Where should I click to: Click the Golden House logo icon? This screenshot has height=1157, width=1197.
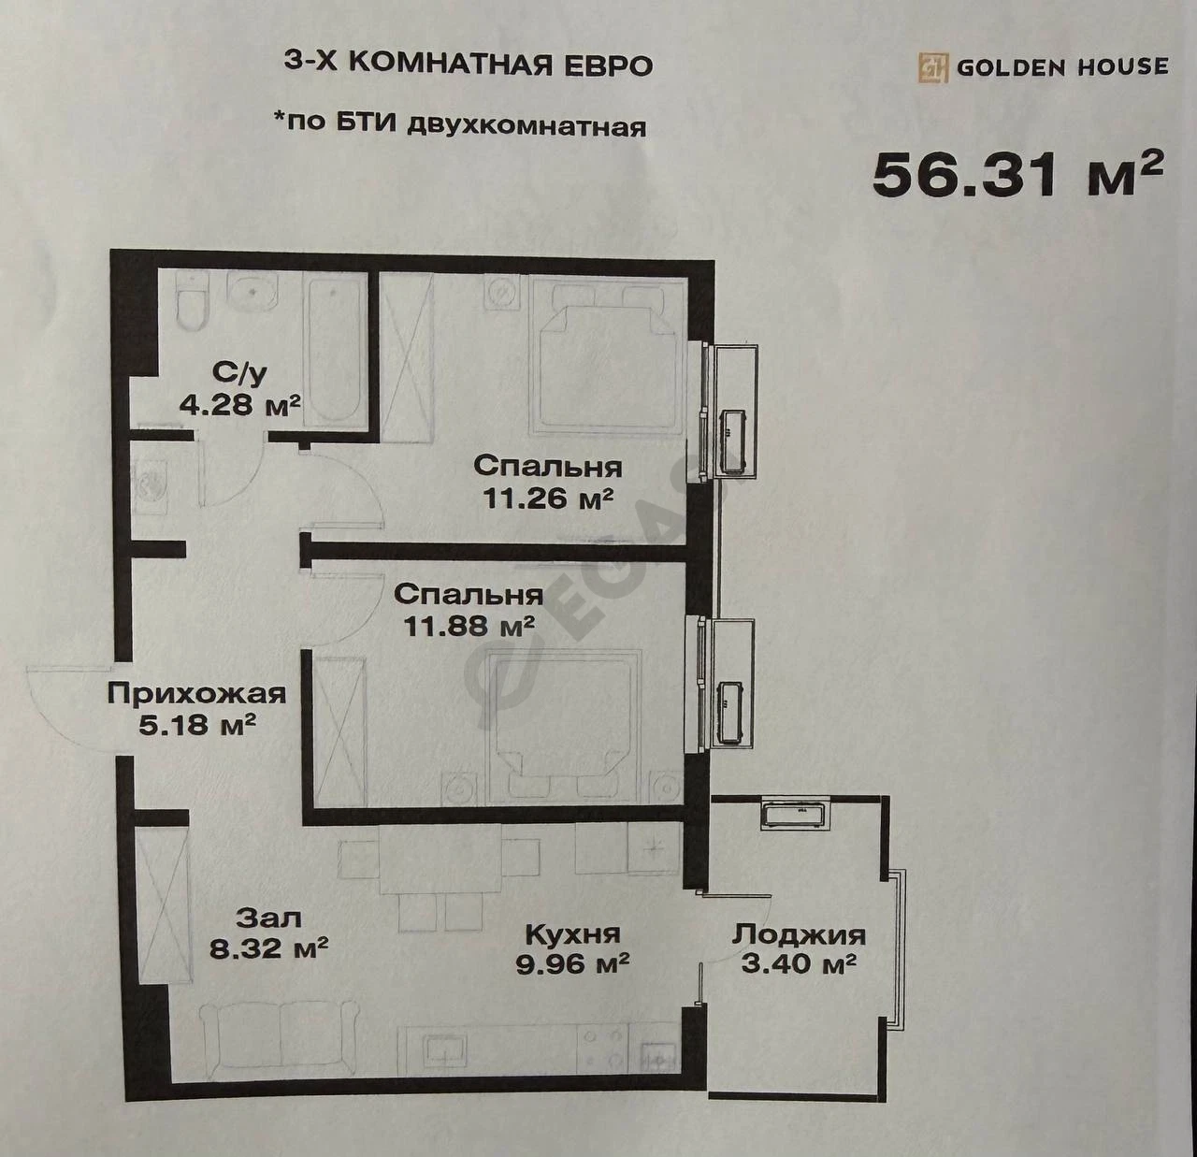(x=933, y=67)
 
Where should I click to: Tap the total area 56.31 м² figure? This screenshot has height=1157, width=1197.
(x=1018, y=175)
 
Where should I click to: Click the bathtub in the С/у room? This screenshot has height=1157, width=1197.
(x=335, y=352)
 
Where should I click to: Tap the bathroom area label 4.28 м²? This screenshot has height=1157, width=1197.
(x=240, y=405)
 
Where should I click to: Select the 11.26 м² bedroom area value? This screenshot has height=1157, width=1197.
(x=548, y=499)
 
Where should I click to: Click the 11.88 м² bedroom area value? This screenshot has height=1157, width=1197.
(x=469, y=626)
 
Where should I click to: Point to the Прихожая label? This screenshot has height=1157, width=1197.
(x=196, y=695)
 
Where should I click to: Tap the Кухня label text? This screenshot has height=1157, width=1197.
(x=572, y=935)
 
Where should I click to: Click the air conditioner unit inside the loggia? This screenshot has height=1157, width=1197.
(x=796, y=816)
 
